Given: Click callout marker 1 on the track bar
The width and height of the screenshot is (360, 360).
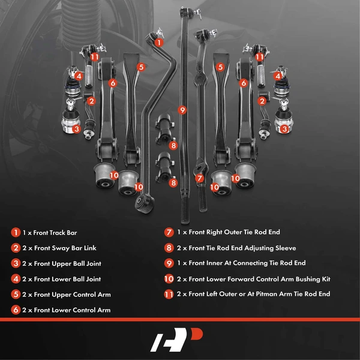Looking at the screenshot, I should pyautogui.click(x=158, y=43).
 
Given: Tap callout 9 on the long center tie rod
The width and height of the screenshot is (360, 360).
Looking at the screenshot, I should pyautogui.click(x=182, y=110).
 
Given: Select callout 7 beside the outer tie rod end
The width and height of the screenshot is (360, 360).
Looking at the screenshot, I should pyautogui.click(x=199, y=178).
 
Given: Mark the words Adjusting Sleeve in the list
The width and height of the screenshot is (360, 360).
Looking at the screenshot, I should pyautogui.click(x=268, y=248).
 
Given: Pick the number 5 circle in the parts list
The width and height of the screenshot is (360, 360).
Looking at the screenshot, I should pyautogui.click(x=15, y=295).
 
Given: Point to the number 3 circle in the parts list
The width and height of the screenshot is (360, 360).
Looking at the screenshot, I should pyautogui.click(x=15, y=263).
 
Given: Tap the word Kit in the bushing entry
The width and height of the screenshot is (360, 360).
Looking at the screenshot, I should pyautogui.click(x=325, y=279).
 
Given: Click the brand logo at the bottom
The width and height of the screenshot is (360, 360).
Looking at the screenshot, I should pyautogui.click(x=180, y=340).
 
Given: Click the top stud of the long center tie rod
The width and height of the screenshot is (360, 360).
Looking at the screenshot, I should pyautogui.click(x=182, y=11).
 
